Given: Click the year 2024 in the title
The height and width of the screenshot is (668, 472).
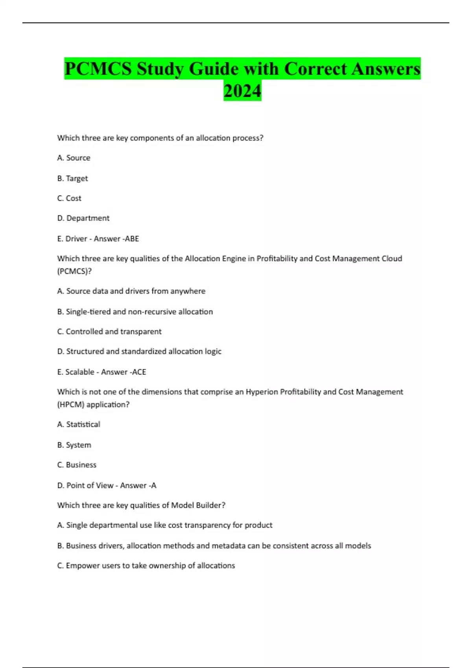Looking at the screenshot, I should (242, 91).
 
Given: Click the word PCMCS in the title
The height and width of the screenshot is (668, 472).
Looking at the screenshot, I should (98, 69).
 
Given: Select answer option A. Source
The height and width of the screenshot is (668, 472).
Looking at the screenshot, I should (74, 158).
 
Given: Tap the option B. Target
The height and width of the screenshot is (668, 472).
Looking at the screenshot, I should (72, 178).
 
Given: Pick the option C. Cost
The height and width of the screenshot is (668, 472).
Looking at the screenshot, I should (69, 198).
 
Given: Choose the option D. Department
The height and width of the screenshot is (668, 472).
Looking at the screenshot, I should (83, 218).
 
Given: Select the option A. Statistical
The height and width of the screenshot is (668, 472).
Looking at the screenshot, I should (79, 424).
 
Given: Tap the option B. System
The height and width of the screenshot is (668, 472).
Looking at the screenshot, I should (74, 445).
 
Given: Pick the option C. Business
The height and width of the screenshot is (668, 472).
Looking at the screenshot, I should (77, 465).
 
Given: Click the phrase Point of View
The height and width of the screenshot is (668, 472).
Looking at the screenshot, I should (90, 486).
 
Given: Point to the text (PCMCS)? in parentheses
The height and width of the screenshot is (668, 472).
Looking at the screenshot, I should (74, 271).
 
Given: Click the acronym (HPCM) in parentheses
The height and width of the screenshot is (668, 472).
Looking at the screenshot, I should (71, 405).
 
